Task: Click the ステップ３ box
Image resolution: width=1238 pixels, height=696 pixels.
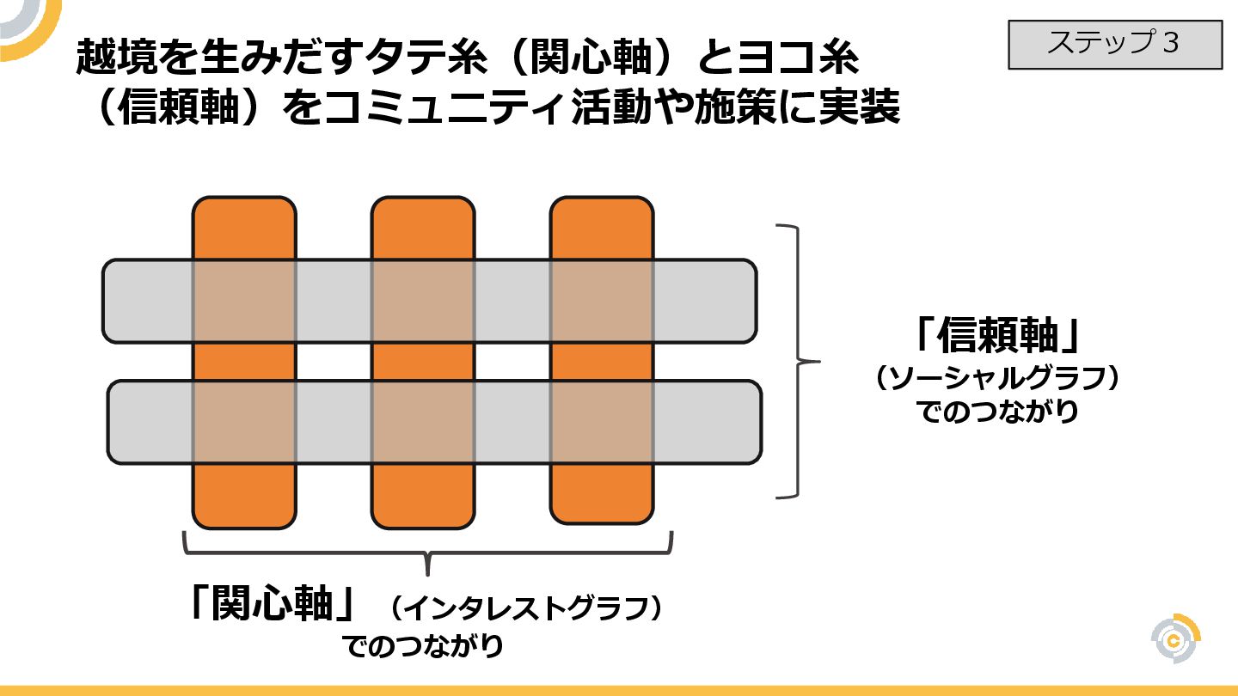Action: pyautogui.click(x=1114, y=44)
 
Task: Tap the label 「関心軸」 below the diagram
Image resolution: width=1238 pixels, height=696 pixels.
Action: pyautogui.click(x=273, y=605)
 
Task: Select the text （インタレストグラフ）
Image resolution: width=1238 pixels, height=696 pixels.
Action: pyautogui.click(x=525, y=610)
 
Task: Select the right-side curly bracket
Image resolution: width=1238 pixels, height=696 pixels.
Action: pyautogui.click(x=800, y=361)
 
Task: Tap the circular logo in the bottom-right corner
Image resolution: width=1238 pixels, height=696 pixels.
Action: pyautogui.click(x=1175, y=639)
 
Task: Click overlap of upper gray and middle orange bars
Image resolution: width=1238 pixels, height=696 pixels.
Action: pyautogui.click(x=423, y=301)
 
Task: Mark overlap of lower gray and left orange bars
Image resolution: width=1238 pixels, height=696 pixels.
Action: pyautogui.click(x=244, y=422)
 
